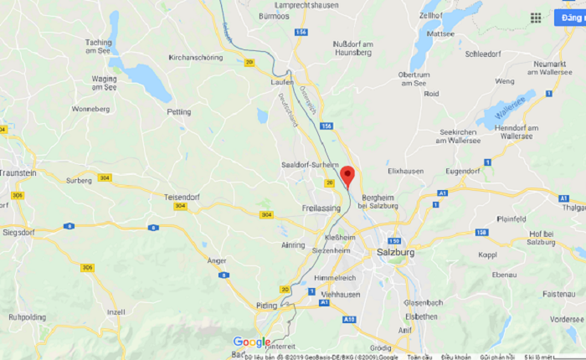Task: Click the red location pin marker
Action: [347, 175]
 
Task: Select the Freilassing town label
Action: [320, 207]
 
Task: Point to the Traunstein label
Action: [18, 172]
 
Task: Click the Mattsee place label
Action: [440, 34]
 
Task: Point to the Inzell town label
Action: [116, 312]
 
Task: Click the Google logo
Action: [252, 342]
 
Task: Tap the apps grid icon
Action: [535, 18]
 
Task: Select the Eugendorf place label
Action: [463, 171]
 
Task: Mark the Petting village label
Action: [179, 111]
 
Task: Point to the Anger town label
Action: [216, 260]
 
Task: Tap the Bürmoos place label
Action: [274, 16]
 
